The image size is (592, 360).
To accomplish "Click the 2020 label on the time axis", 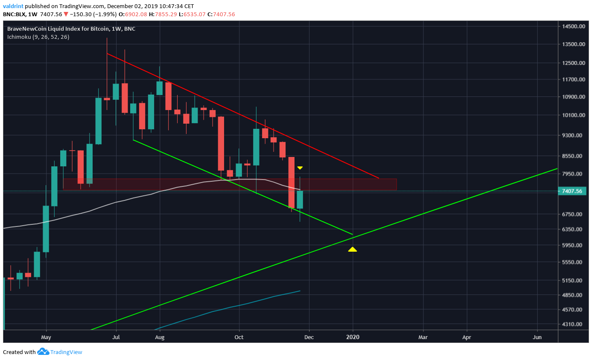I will pyautogui.click(x=353, y=337).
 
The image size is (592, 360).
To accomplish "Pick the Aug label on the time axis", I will pyautogui.click(x=160, y=337).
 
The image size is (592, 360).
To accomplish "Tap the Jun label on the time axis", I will pyautogui.click(x=537, y=337).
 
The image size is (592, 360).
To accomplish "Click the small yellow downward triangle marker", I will pyautogui.click(x=300, y=168).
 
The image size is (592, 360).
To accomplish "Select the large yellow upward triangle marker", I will pyautogui.click(x=353, y=249).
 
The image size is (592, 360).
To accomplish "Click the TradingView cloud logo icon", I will pyautogui.click(x=43, y=352).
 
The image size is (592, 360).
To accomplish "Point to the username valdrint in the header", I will pyautogui.click(x=13, y=6).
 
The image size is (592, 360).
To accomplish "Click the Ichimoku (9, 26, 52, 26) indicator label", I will pyautogui.click(x=38, y=37).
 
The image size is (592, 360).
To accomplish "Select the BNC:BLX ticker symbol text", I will pyautogui.click(x=15, y=15).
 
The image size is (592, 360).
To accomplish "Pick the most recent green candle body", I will pyautogui.click(x=300, y=200).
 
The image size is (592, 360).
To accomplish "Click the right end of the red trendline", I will pyautogui.click(x=378, y=178).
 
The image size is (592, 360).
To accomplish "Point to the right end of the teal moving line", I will pyautogui.click(x=300, y=291).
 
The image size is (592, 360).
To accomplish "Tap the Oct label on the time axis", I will pyautogui.click(x=239, y=337).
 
